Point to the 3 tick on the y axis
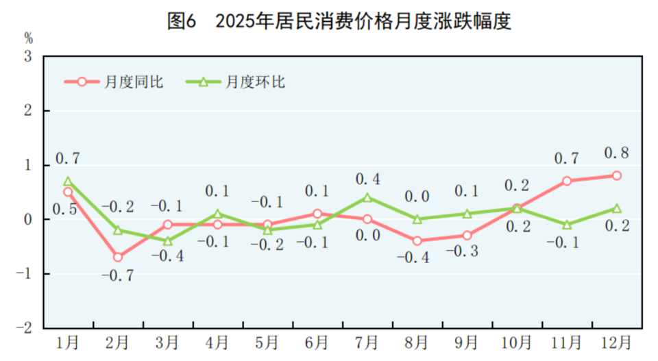[29, 56]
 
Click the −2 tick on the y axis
[26, 328]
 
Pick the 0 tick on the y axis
[29, 219]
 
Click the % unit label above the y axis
[28, 37]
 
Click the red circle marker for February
[118, 257]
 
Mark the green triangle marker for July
[367, 197]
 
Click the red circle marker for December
[617, 175]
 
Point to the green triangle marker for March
[168, 240]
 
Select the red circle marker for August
[417, 240]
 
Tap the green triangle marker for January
[68, 181]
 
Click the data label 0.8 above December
[617, 153]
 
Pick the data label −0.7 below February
[118, 276]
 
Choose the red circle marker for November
[567, 181]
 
